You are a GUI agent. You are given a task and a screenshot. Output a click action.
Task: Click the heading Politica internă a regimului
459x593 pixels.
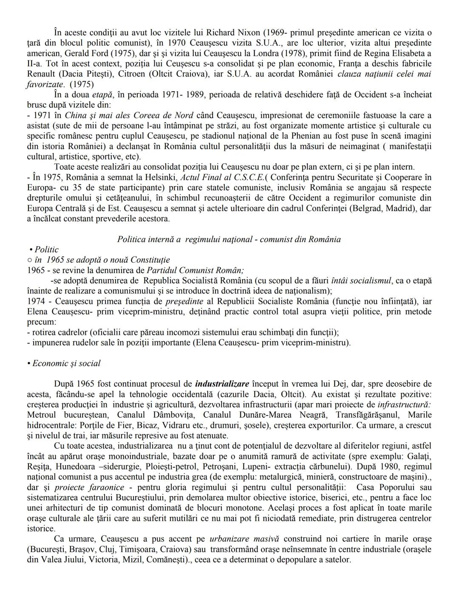(229, 239)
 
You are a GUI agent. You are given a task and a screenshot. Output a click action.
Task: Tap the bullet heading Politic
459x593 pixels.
(46, 250)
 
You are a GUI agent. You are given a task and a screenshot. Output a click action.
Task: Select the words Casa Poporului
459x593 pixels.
(384, 487)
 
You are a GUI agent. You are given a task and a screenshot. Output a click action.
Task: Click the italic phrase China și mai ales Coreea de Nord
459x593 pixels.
(129, 115)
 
